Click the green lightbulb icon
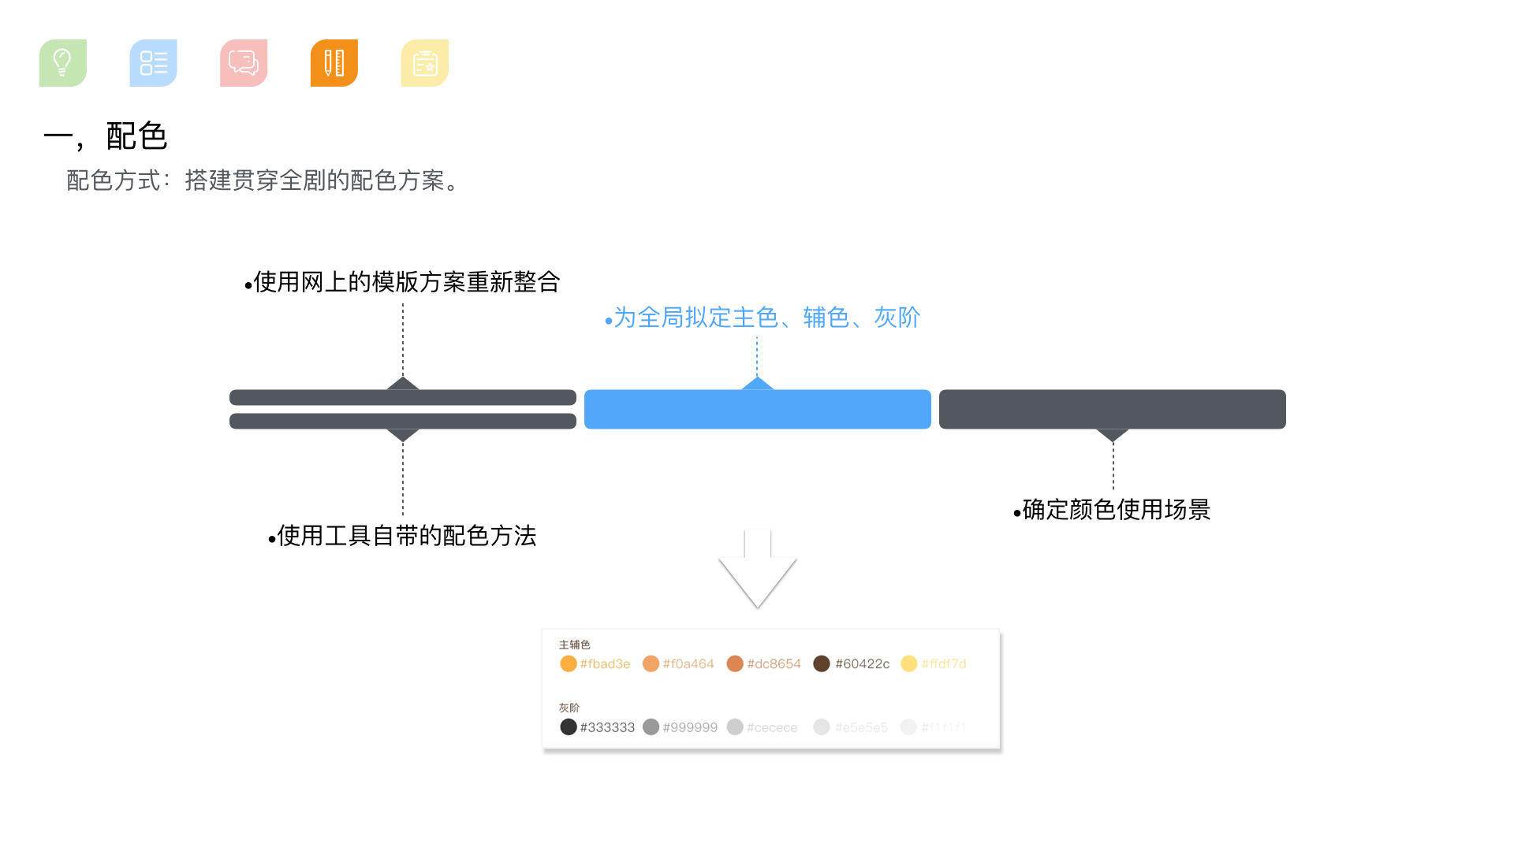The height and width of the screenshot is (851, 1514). click(x=63, y=63)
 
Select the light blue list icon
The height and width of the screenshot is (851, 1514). click(x=153, y=63)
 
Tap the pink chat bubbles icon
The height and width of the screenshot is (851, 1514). click(x=244, y=63)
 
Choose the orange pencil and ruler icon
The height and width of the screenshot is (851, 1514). click(x=334, y=63)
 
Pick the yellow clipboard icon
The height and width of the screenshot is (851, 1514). click(x=424, y=63)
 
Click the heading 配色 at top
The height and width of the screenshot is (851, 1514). click(x=136, y=136)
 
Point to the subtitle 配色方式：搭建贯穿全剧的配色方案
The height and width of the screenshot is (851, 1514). click(x=263, y=180)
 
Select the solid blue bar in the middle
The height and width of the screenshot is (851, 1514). click(x=757, y=409)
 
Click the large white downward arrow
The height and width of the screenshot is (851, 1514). click(x=757, y=571)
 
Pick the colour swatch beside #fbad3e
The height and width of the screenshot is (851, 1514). click(x=568, y=663)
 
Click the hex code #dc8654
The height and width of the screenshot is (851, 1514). click(x=774, y=664)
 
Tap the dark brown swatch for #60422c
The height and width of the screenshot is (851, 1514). click(x=821, y=663)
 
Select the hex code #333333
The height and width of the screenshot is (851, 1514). click(x=607, y=727)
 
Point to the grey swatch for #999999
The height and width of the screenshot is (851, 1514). click(x=651, y=727)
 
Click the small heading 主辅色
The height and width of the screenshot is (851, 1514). click(x=574, y=645)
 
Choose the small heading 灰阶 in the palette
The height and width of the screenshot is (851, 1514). click(x=569, y=708)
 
